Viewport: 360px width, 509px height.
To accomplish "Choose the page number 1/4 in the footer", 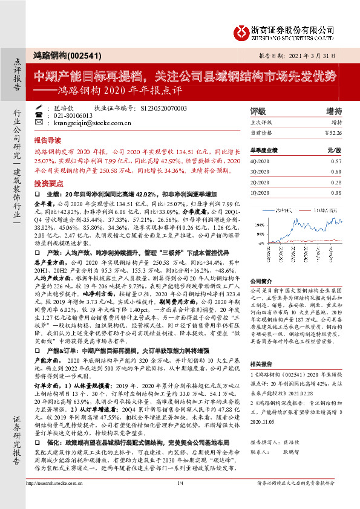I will pyautogui.click(x=180, y=501).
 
